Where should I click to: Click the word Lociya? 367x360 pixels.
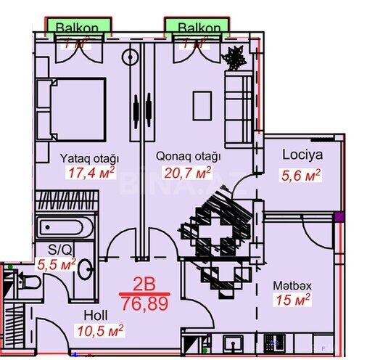[x=302, y=155]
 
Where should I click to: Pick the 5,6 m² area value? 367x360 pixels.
[x=300, y=174]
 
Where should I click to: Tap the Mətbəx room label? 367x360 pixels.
[x=290, y=285]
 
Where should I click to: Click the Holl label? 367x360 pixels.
[x=96, y=315]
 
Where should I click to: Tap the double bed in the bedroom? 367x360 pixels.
[x=71, y=110]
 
